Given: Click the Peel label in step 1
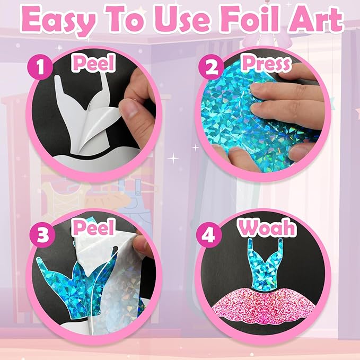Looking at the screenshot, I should click(x=94, y=65).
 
